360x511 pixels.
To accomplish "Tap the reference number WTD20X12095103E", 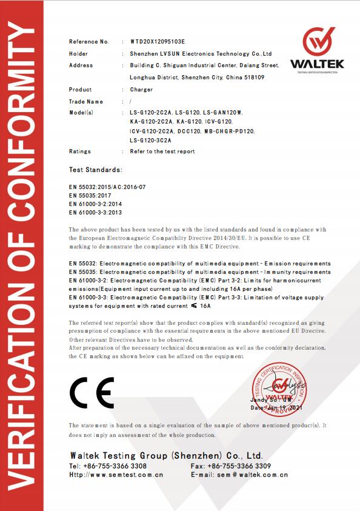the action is click(159, 42).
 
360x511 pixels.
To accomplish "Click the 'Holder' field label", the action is click(79, 53).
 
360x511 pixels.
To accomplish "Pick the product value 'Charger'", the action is click(141, 90).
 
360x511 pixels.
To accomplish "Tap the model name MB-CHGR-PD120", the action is click(230, 131).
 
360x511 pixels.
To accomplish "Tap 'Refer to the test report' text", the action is click(162, 152).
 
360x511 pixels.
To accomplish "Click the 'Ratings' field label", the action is click(80, 152).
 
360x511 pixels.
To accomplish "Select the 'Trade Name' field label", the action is click(86, 102).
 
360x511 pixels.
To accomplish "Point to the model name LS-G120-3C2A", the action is click(152, 141).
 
